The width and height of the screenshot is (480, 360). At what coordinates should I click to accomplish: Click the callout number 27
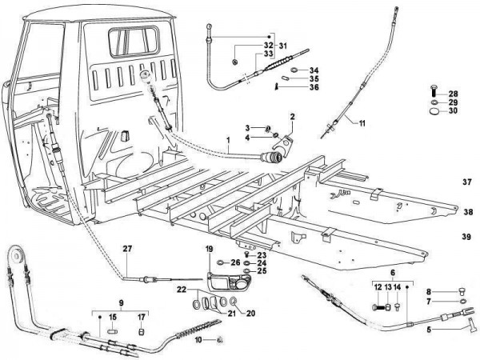126,249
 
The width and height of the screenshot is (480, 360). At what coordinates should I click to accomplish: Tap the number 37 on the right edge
467,182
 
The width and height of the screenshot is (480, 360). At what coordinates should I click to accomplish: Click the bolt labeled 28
434,94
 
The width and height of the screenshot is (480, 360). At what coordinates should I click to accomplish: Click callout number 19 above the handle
209,248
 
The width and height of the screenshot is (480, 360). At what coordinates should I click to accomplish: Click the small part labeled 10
219,339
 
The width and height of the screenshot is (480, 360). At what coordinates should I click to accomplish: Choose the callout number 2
293,117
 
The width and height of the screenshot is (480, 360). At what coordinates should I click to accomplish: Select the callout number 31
282,44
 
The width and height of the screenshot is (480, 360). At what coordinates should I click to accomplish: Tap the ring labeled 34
294,70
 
